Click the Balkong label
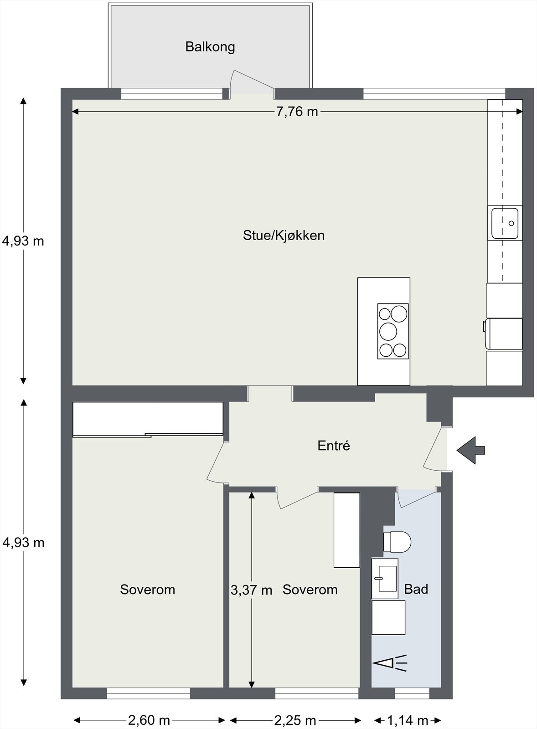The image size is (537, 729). coord(210,47)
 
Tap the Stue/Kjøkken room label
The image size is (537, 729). coord(284,235)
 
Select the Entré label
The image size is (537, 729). coord(334,446)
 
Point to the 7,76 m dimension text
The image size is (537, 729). coord(297,112)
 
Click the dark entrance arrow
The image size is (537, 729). coord(471,451)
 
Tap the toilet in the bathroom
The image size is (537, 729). coord(397,542)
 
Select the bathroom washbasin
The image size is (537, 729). coord(385,579)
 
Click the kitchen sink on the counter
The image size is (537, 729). coord(505,223)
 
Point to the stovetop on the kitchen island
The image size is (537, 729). coord(393,331)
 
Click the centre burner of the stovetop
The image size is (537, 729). coord(388,331)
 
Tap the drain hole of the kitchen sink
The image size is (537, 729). coord(511,223)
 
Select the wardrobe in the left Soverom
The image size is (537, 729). coord(148,420)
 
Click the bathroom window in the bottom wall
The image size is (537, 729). coord(412,693)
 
